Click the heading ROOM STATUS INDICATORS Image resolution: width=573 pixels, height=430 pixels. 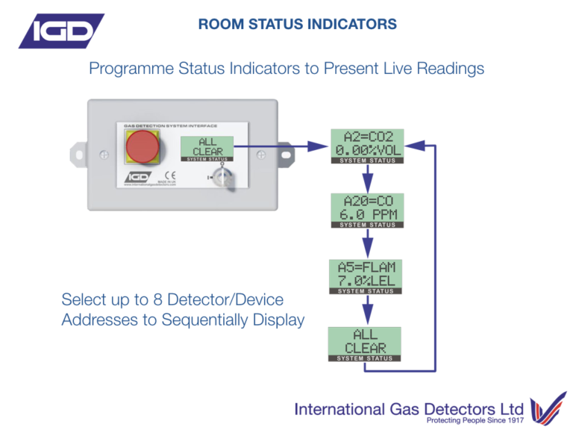(x=297, y=25)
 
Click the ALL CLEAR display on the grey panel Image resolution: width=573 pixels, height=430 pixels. (x=207, y=149)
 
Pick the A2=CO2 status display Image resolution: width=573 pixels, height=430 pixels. (x=368, y=146)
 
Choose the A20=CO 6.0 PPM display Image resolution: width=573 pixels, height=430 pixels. (x=368, y=211)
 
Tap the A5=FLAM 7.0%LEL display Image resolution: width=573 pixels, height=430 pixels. (x=366, y=277)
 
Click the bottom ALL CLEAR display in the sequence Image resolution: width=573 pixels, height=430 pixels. (x=365, y=343)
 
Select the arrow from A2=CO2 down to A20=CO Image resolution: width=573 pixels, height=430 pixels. (x=368, y=178)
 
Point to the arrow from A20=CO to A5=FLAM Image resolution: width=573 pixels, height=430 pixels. (x=368, y=243)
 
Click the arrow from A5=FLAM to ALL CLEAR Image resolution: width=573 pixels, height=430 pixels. (x=366, y=310)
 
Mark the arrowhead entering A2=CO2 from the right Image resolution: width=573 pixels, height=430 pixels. (x=416, y=146)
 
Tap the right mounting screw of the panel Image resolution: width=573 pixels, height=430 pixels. (x=262, y=155)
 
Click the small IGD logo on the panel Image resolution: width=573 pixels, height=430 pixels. (x=137, y=178)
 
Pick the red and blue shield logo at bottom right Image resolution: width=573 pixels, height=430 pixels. (x=546, y=410)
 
